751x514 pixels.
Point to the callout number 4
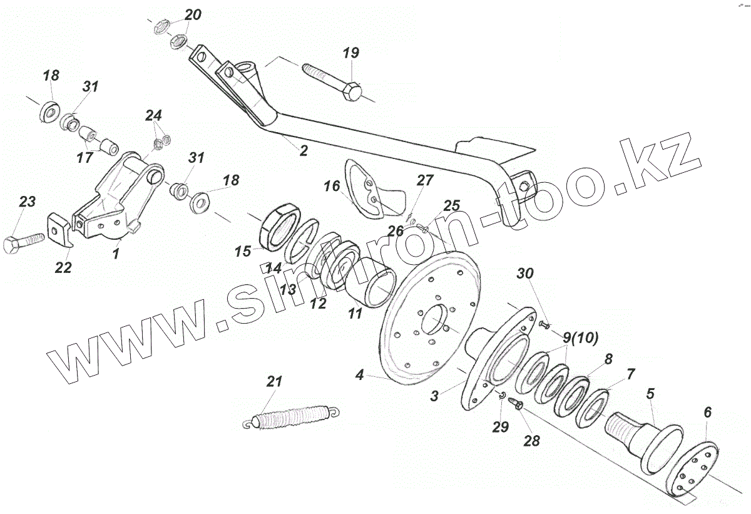tap(359, 376)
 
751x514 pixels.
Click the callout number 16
tap(332, 186)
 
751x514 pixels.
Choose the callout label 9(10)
tap(581, 338)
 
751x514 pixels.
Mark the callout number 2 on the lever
tap(303, 150)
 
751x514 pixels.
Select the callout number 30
tap(526, 273)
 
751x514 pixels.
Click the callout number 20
tap(193, 14)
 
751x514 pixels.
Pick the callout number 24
tap(154, 115)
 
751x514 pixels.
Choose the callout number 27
tap(425, 180)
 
